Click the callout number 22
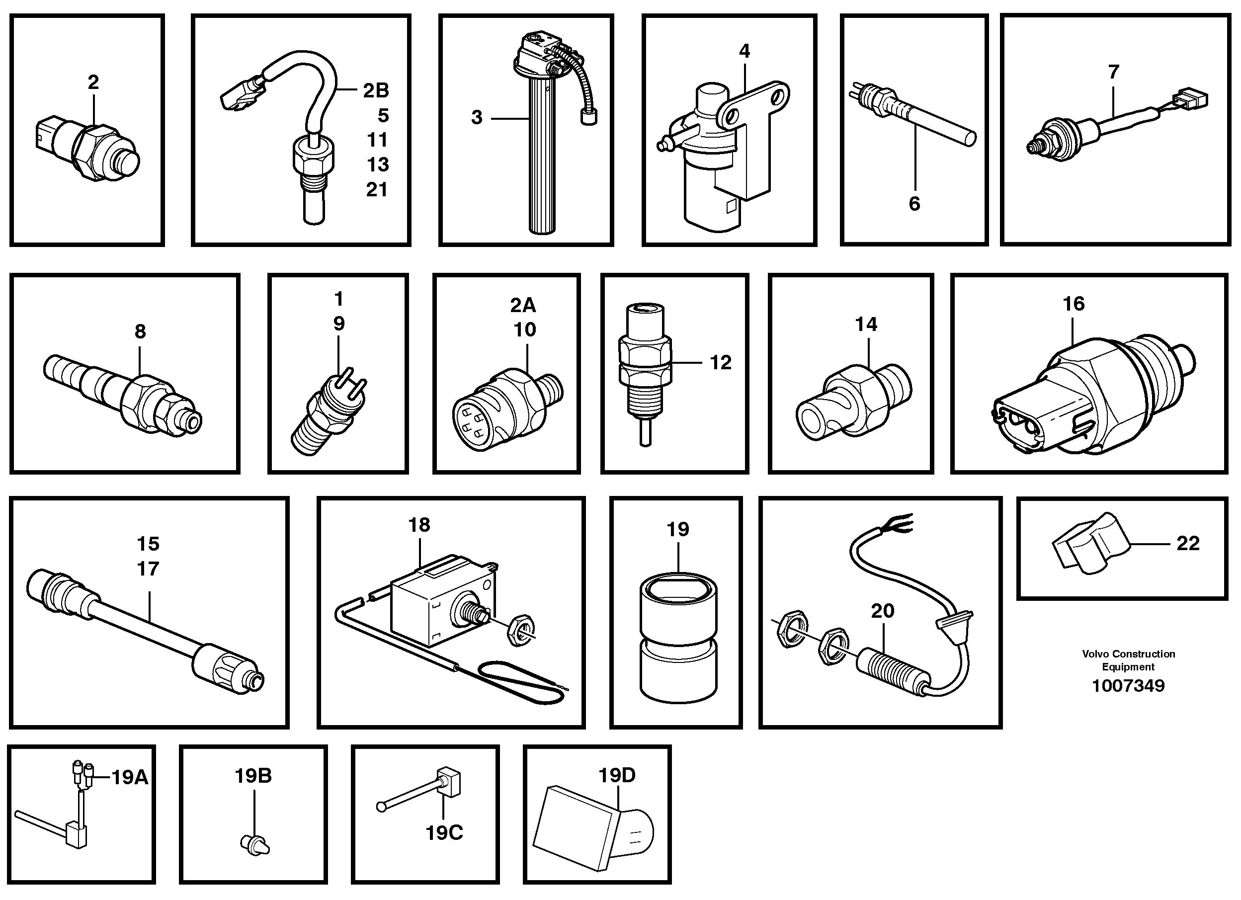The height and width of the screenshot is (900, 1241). [1187, 543]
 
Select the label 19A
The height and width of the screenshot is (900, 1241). [130, 777]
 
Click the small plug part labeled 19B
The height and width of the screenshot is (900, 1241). [255, 844]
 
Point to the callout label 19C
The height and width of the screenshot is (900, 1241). [444, 833]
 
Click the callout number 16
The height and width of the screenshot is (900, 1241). [1073, 304]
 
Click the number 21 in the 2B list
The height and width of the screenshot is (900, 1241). [377, 190]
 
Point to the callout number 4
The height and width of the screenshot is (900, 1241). [744, 51]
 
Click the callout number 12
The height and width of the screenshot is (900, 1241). [720, 362]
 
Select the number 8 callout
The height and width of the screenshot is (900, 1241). [140, 331]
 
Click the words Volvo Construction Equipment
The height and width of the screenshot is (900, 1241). [1128, 660]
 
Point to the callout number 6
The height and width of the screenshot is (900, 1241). [914, 204]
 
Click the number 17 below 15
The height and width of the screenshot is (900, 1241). [148, 569]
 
